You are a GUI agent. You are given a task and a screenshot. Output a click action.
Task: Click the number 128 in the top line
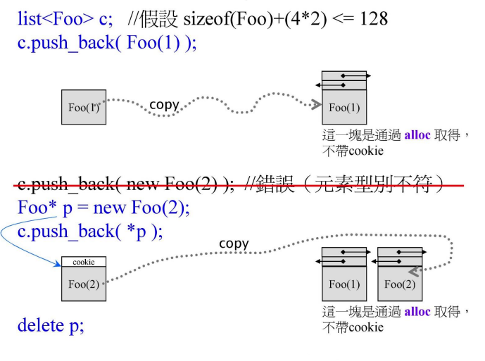(x=373, y=19)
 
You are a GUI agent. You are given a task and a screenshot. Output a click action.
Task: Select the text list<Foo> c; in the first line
(x=63, y=19)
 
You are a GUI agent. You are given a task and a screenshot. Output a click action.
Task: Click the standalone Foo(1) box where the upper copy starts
(x=83, y=108)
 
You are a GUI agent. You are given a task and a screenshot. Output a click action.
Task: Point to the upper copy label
(x=165, y=105)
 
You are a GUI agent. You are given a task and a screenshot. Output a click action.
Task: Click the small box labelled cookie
(x=83, y=262)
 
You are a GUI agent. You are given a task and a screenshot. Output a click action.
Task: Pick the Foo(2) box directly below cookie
(x=83, y=284)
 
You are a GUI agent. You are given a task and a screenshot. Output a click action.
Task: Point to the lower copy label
(x=234, y=243)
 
